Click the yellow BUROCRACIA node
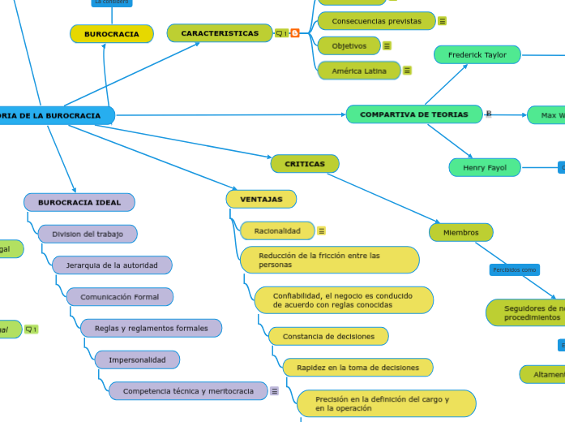click(112, 34)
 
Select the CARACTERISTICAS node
click(220, 33)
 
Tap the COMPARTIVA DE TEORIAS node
click(413, 114)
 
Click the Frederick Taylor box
click(477, 55)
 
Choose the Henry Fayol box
click(484, 168)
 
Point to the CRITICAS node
click(305, 164)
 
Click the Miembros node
click(460, 233)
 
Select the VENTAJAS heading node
click(261, 199)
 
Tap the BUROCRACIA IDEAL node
click(79, 202)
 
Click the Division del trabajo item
click(88, 235)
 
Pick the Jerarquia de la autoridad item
click(112, 265)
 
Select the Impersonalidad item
click(137, 360)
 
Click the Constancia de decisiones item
click(328, 336)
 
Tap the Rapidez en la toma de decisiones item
click(357, 368)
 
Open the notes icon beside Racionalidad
click(322, 231)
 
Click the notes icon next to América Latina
click(407, 71)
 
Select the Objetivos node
click(349, 46)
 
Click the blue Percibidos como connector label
click(514, 269)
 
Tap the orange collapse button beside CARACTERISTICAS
click(294, 33)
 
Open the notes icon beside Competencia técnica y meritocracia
click(274, 391)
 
